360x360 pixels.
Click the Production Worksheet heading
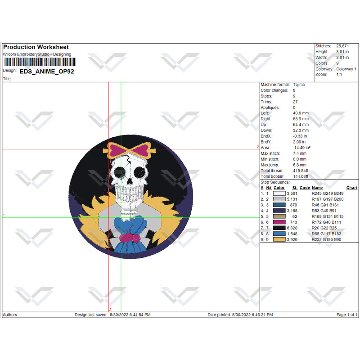coord(36,47)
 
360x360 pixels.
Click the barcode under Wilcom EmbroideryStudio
coord(40,62)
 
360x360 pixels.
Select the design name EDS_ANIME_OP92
coord(47,72)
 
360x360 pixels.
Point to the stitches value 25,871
coord(342,46)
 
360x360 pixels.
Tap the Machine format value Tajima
coord(299,85)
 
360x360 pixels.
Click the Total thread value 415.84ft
coord(301,171)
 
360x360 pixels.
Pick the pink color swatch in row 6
coord(279,222)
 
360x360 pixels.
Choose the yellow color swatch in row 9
coord(279,239)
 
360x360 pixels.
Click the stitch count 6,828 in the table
coord(292,228)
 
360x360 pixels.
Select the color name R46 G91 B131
coord(325,205)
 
